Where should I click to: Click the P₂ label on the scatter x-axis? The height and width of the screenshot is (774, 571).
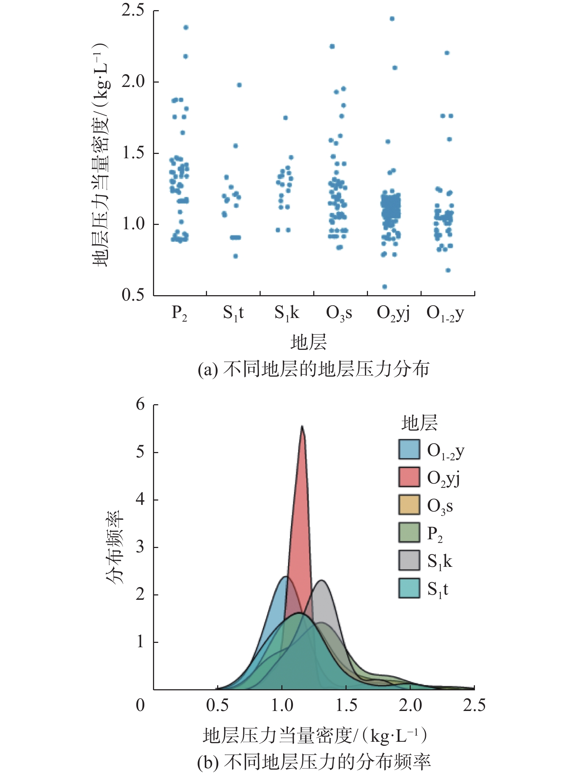pos(179,313)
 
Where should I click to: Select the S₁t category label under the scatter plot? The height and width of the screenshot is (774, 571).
pos(233,313)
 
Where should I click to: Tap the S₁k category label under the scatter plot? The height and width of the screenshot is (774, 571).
pos(286,313)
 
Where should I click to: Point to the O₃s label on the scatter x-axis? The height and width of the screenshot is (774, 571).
pos(339,313)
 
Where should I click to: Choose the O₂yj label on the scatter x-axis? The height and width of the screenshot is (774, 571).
pos(393,313)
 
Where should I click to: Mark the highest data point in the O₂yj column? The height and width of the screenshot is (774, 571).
pos(392,19)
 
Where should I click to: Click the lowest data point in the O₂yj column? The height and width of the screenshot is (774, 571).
pos(385,287)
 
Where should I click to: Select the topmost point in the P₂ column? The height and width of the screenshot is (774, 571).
pos(186,28)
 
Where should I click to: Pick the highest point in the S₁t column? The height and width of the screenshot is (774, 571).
pos(239,85)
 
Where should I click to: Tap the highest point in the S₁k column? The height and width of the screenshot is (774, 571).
pos(285,118)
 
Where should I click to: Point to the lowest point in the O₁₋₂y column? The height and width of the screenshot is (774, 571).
pos(448,270)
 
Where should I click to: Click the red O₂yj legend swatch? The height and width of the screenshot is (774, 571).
pos(409,477)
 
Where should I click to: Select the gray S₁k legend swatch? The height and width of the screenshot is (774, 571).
pos(409,560)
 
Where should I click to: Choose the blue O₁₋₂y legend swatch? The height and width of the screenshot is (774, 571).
pos(409,449)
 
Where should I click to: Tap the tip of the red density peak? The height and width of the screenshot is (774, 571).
pos(302,426)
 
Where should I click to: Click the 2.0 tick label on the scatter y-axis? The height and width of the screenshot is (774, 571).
pos(133,82)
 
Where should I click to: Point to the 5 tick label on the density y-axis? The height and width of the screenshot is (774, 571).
pos(140,452)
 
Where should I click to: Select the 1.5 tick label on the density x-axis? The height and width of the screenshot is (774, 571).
pos(346,705)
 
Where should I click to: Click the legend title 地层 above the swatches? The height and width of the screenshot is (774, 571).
pos(419,423)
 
